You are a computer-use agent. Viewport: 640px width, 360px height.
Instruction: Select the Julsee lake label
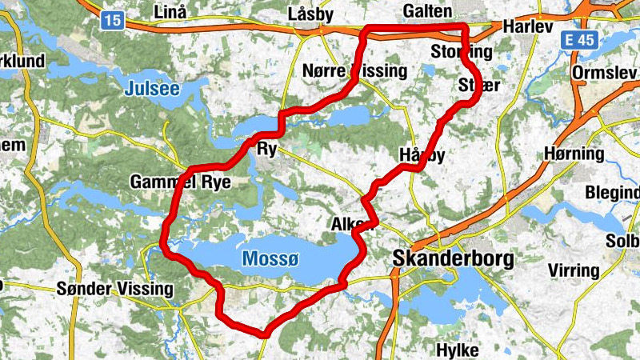[x=152, y=90]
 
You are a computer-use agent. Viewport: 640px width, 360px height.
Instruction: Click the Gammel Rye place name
[x=180, y=182]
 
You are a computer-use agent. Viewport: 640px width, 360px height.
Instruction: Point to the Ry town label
[x=266, y=149]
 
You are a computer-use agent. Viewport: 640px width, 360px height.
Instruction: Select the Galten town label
[x=428, y=11]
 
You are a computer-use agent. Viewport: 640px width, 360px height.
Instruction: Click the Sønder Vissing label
[x=115, y=288]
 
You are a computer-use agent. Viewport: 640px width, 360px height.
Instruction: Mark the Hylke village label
[x=458, y=350]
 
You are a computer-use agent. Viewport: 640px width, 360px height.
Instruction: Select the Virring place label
[x=573, y=270]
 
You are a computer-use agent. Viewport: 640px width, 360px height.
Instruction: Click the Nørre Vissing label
[x=354, y=70]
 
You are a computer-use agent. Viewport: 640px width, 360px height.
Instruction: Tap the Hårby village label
[x=421, y=154]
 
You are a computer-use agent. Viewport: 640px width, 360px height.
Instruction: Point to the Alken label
[x=352, y=226]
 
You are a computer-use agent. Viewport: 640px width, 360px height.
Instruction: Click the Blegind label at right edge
[x=614, y=193]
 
